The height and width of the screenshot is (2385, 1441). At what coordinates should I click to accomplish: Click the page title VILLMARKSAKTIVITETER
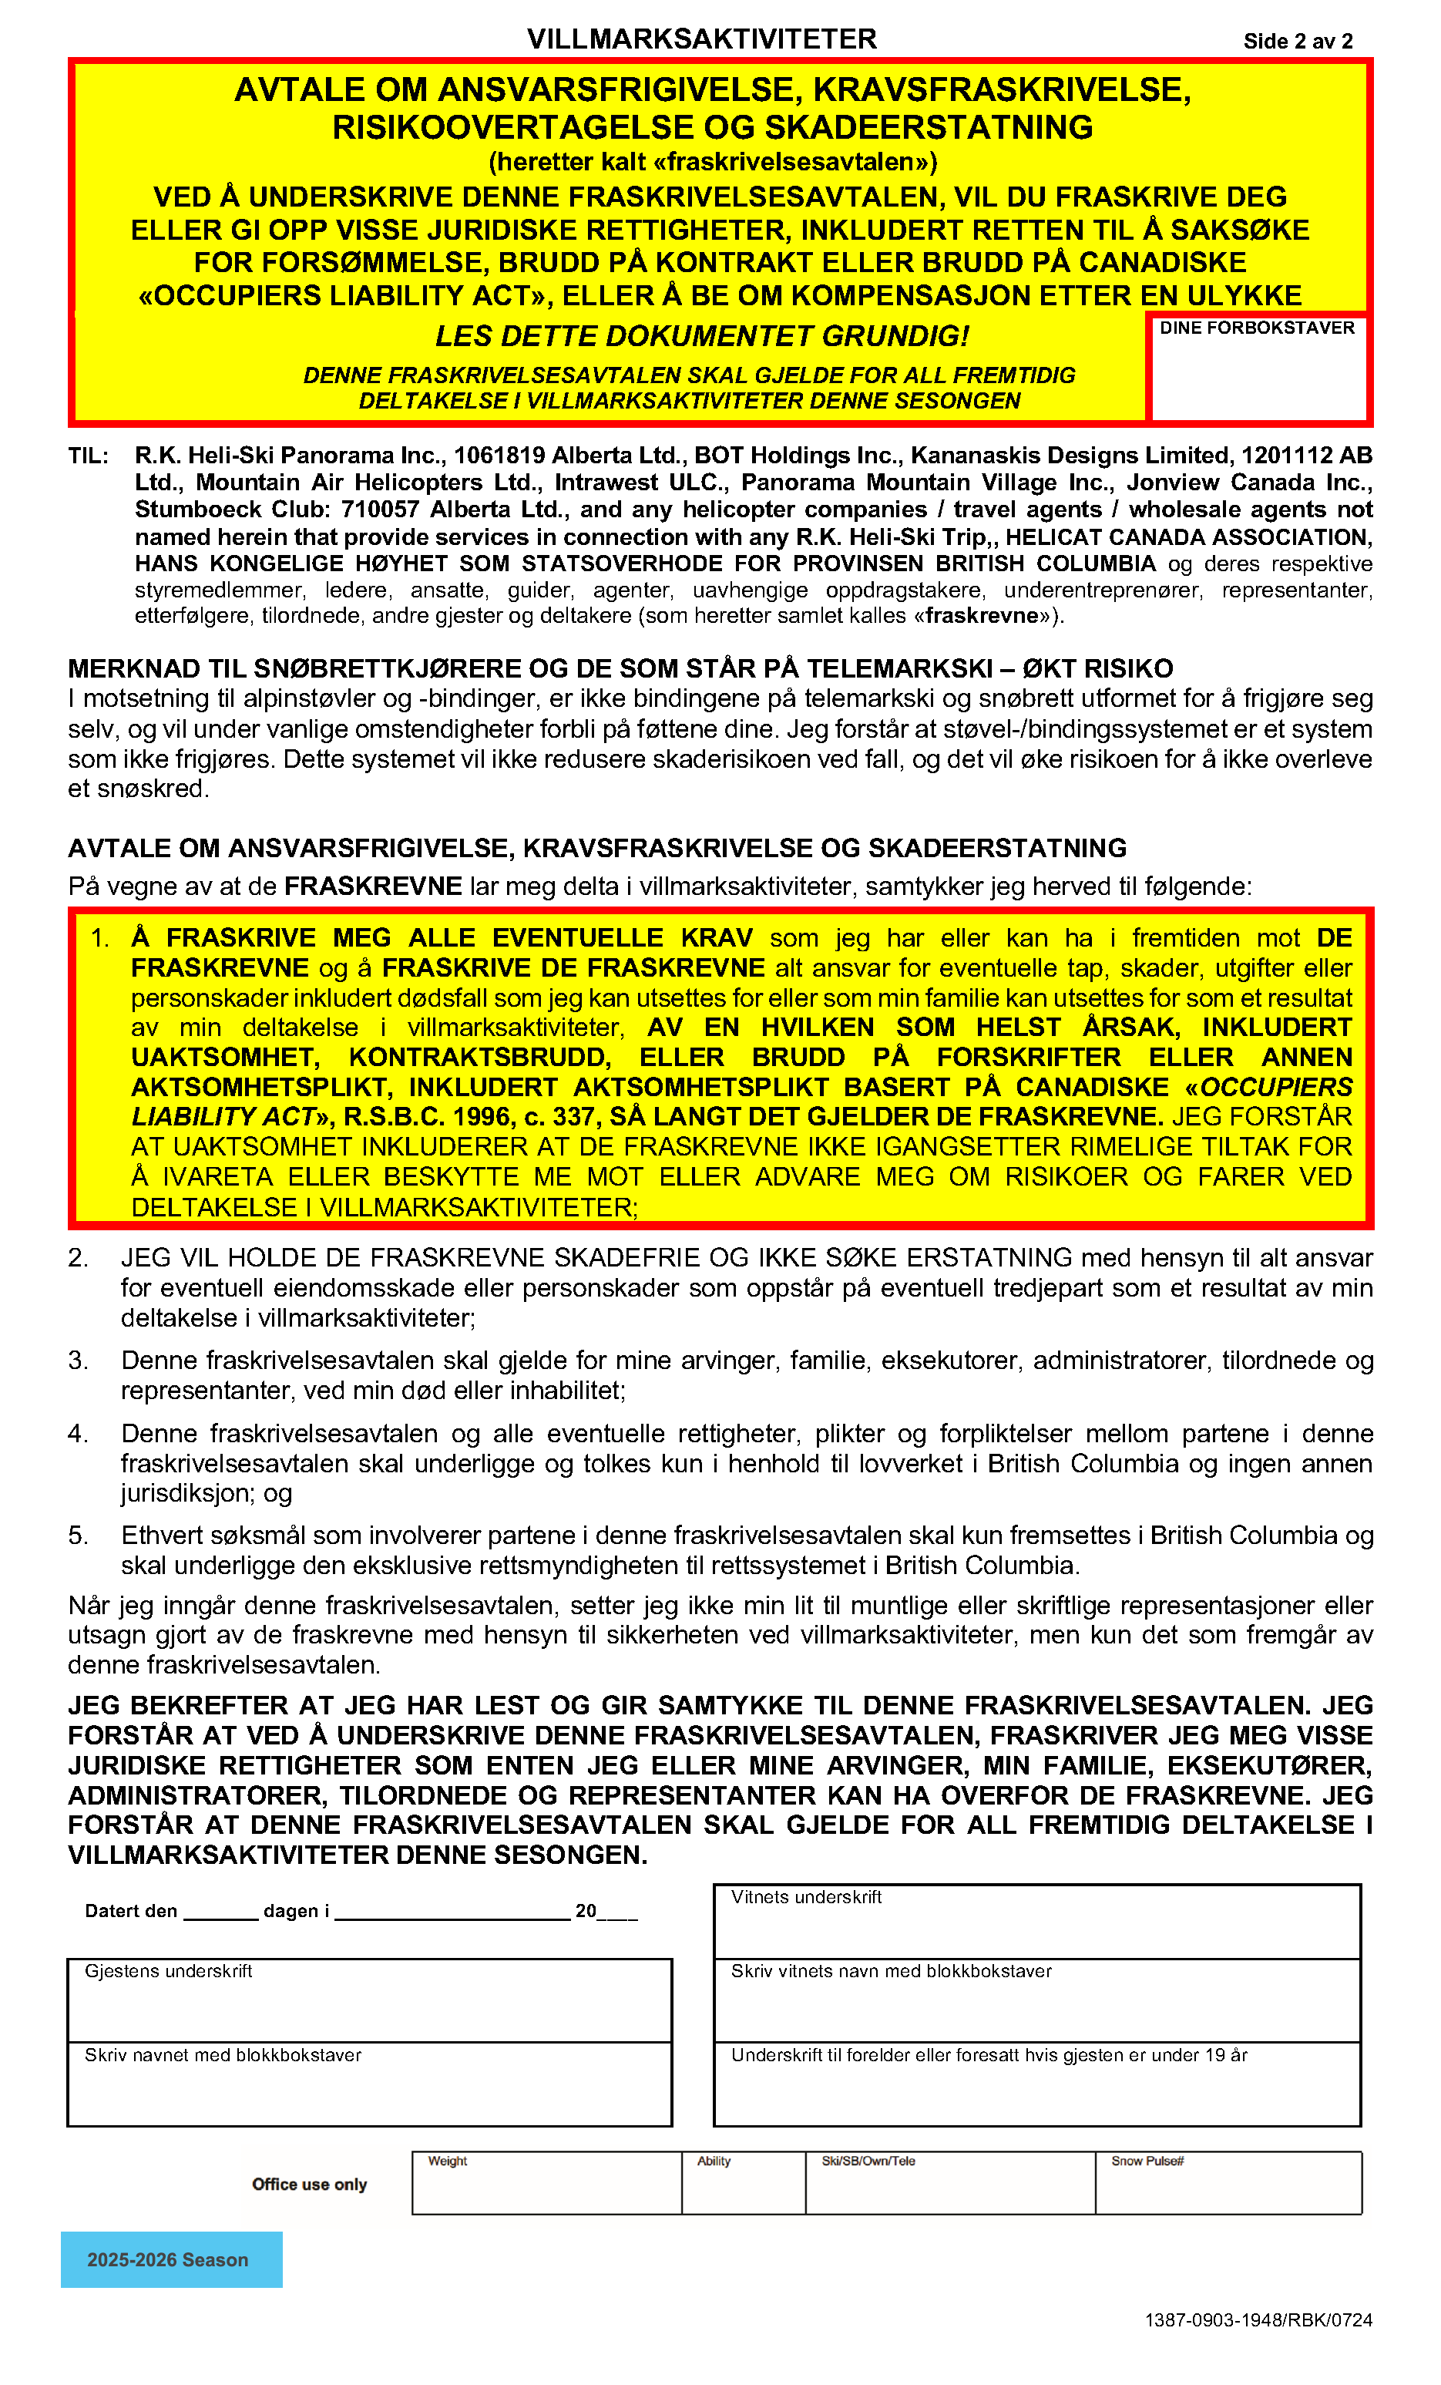click(702, 39)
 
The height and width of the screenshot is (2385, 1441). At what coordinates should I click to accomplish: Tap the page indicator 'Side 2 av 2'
click(1298, 41)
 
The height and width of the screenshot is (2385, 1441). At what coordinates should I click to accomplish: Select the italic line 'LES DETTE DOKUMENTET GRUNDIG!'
click(702, 336)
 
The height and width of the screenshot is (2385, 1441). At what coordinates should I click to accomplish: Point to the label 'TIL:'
click(88, 456)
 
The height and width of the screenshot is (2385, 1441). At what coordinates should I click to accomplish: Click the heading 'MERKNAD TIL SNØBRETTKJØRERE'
click(620, 668)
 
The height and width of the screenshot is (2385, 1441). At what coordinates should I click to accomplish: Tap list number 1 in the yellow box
click(99, 937)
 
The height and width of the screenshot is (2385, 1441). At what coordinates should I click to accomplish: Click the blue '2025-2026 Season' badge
click(171, 2259)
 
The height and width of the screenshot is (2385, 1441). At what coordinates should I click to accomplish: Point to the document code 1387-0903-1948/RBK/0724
click(1258, 2319)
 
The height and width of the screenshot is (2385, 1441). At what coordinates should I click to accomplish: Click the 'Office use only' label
click(310, 2184)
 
